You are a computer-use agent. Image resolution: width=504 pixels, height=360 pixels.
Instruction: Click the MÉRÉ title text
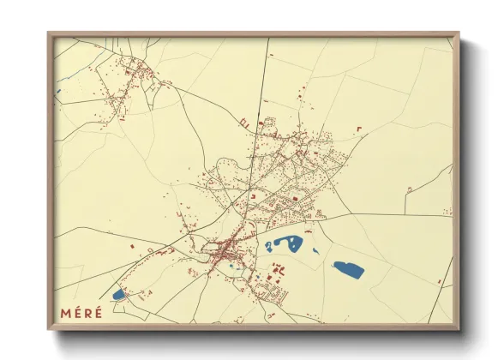[81, 311]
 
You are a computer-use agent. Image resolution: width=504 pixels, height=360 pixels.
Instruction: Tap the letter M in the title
[65, 311]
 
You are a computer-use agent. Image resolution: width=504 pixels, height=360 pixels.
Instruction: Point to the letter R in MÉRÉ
[87, 311]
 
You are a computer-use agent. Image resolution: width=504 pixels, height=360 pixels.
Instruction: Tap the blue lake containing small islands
[285, 244]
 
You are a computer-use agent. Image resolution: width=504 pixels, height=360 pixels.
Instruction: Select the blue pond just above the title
[118, 295]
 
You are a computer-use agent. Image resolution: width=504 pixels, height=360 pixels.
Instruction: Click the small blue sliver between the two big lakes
[315, 251]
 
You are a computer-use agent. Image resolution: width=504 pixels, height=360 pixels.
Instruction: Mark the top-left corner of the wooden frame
[49, 33]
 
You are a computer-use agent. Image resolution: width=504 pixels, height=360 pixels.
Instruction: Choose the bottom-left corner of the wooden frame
[49, 329]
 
